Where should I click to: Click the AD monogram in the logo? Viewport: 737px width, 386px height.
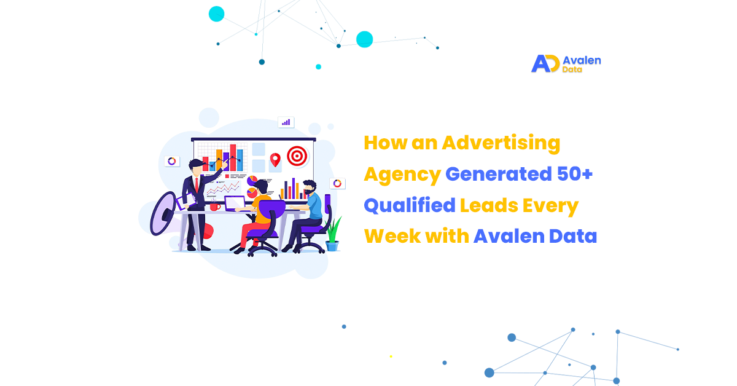(x=545, y=63)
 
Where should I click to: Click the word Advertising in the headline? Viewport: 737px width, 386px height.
(x=501, y=143)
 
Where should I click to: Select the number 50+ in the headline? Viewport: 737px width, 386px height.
(x=575, y=174)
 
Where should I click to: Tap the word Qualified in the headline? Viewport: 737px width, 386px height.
(x=410, y=205)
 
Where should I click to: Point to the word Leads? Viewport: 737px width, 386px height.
(x=489, y=205)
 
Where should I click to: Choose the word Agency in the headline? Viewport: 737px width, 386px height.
(x=402, y=175)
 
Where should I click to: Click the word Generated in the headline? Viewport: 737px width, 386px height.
(x=499, y=174)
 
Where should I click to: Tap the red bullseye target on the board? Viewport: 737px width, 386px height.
(x=297, y=156)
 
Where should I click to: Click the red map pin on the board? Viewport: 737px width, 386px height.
(x=275, y=160)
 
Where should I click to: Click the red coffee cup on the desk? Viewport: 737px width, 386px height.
(x=215, y=207)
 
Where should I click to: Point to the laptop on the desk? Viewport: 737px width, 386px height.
(x=236, y=203)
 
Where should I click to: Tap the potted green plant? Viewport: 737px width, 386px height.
(x=333, y=234)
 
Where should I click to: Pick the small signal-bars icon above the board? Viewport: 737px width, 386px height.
(x=286, y=122)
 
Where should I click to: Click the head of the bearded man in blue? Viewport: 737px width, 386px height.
(x=310, y=187)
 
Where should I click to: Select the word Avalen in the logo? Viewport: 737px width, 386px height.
(x=582, y=60)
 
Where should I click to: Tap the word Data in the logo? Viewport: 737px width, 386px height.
(x=572, y=69)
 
